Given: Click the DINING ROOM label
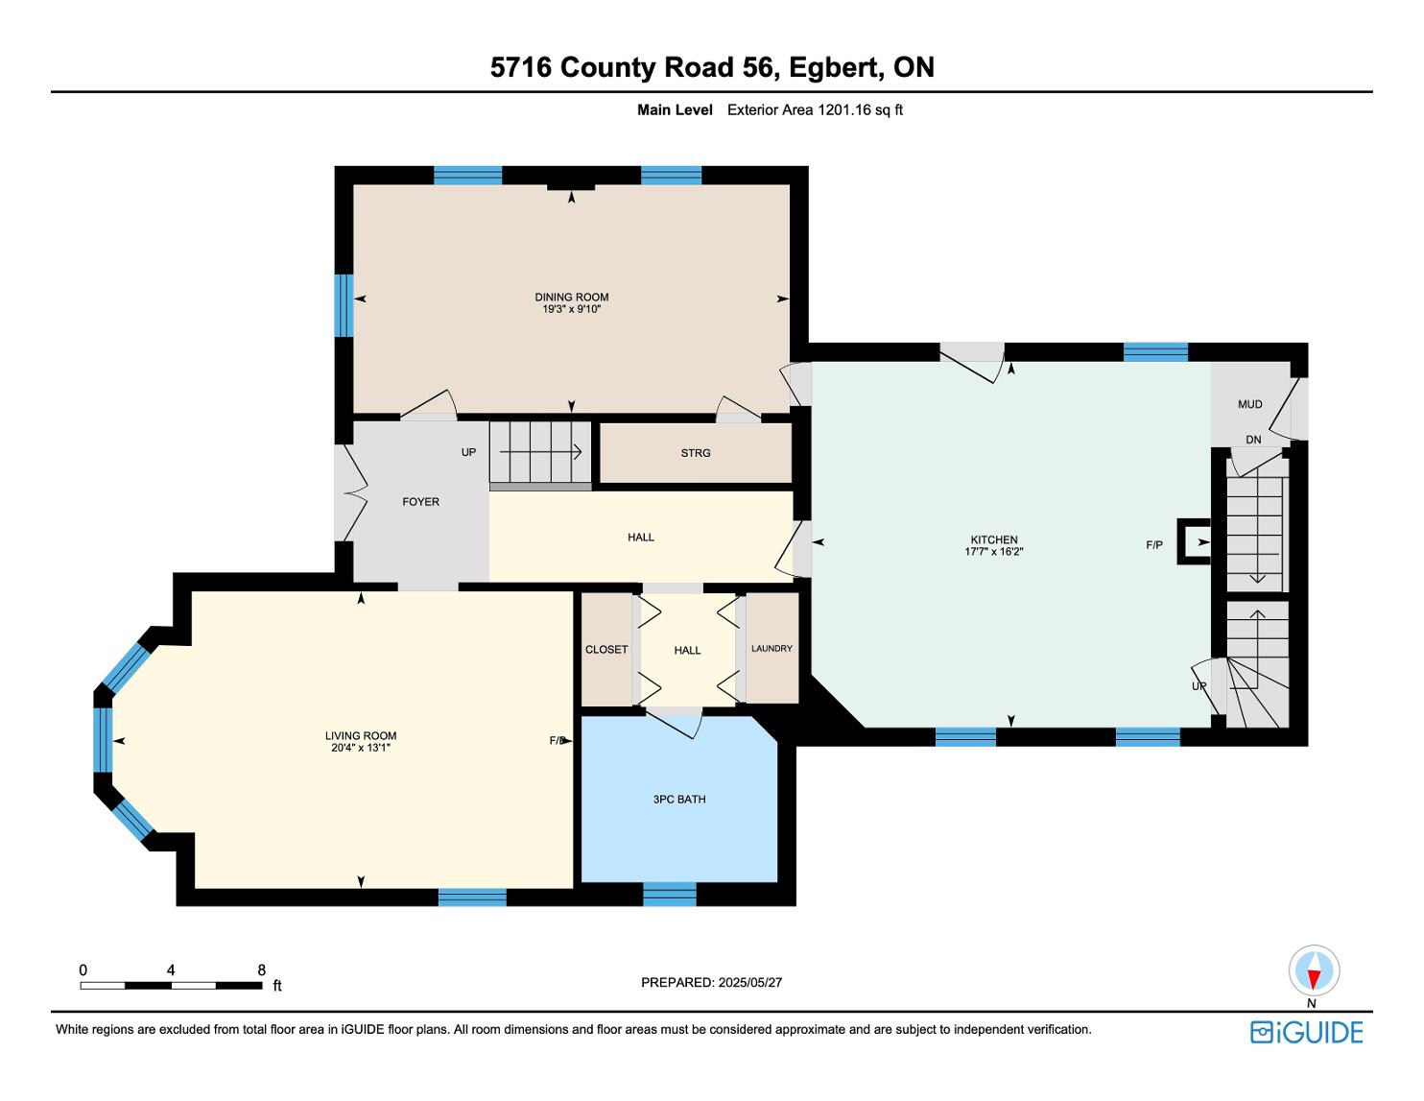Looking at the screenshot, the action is click(572, 297).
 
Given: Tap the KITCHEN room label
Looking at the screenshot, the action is click(993, 539).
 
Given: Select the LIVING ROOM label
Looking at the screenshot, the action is click(361, 735).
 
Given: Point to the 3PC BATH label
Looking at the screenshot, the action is click(679, 799).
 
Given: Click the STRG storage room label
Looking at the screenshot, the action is click(696, 453).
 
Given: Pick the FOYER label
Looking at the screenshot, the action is click(420, 501).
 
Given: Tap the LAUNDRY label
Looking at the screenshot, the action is click(771, 648).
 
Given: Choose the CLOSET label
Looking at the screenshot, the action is click(606, 650).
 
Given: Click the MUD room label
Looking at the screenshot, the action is click(1249, 404).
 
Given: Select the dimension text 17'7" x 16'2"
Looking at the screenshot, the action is click(993, 552).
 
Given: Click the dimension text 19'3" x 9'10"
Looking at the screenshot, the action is click(572, 309).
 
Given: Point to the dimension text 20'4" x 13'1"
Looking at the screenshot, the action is click(361, 747).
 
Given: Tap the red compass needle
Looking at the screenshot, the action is click(1314, 979).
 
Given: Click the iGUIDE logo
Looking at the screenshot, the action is click(1306, 1032).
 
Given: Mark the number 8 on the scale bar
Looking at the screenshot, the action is click(261, 969).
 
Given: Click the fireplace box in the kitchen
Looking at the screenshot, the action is click(1194, 541).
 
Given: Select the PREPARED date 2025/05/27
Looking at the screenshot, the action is click(749, 982).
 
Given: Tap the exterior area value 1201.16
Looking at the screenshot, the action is click(844, 110).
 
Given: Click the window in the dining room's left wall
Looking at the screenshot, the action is click(344, 305).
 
